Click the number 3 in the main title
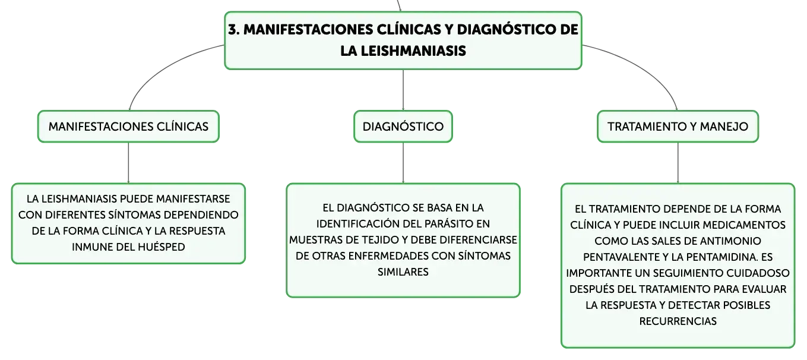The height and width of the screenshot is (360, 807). [233, 30]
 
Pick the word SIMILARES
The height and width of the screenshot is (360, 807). [403, 272]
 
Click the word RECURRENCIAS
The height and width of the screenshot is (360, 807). [678, 321]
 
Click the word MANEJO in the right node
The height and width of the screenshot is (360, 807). [724, 127]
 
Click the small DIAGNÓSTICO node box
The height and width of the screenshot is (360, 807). [403, 127]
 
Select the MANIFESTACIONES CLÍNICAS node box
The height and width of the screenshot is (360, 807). [128, 127]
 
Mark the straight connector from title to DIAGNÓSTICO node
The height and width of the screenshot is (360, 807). [403, 90]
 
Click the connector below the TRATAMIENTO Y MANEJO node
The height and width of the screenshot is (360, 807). [678, 163]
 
